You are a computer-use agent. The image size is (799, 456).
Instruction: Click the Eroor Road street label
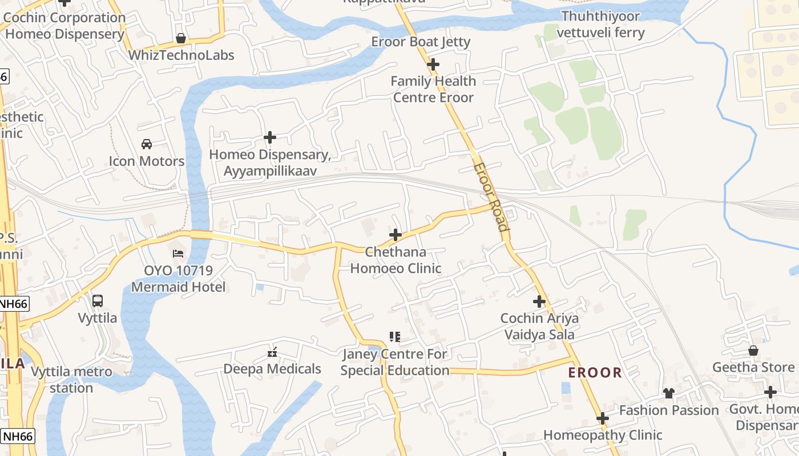coord(491,197)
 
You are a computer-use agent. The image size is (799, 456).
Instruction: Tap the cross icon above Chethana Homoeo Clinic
coord(396,235)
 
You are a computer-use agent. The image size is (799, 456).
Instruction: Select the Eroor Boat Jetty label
coord(421,42)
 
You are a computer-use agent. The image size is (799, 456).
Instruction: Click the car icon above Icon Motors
coord(147,144)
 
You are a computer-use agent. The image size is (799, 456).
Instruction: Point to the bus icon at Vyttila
coord(98,300)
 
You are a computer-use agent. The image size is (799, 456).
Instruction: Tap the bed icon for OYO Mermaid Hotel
coord(178,253)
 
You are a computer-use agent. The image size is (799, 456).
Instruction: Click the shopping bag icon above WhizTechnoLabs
coord(181,38)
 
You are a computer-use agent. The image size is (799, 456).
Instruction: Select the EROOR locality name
coord(595,373)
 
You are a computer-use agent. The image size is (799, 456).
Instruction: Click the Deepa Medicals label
coord(272,369)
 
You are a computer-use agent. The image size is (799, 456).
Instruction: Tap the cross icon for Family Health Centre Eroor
coord(433,64)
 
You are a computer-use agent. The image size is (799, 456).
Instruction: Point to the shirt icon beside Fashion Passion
coord(669,393)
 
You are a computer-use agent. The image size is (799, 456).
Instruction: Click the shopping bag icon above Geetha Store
coord(753,351)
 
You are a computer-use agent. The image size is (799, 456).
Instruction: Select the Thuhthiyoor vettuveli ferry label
coord(600,25)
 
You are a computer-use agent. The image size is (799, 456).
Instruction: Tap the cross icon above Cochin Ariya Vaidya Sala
coord(539,302)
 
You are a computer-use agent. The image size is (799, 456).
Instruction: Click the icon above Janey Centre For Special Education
coord(394,337)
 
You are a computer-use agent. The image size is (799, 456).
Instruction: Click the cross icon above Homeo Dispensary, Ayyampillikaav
coord(270,137)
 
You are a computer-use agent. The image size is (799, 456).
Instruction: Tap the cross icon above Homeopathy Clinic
coord(603,419)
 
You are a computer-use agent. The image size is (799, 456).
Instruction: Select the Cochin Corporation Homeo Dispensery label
coord(64,26)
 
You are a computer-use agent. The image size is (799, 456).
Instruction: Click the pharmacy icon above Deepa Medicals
coord(272,352)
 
